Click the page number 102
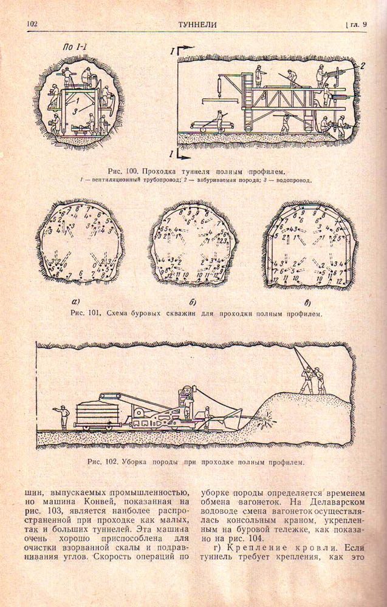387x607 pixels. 32,24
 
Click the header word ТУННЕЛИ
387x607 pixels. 197,24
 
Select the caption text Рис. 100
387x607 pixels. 123,171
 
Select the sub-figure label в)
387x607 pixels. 307,302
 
